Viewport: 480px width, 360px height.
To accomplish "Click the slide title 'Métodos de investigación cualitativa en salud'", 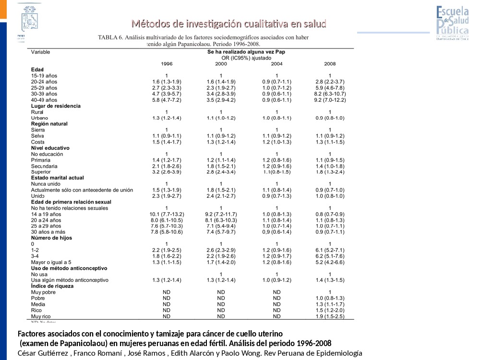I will tap(229, 24).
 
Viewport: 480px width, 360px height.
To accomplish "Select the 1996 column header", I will tap(167, 63).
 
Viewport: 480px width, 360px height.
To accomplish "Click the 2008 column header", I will tap(330, 63).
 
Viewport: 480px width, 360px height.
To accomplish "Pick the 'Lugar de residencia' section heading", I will tap(56, 106).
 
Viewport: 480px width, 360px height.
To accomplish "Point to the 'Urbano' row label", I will tap(39, 118).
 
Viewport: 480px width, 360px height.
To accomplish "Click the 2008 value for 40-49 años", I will tap(330, 100).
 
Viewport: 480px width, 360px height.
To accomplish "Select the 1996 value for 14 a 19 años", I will tap(167, 214).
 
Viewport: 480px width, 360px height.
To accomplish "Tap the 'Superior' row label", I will tap(41, 172).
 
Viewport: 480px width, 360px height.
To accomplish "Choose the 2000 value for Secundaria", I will tap(221, 166).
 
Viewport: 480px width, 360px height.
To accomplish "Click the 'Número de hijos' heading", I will tap(52, 238).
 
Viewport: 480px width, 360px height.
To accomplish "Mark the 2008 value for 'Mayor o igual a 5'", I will tap(330, 262).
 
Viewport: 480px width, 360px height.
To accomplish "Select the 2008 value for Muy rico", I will tap(330, 316).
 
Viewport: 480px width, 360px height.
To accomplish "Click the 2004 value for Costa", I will tap(276, 142).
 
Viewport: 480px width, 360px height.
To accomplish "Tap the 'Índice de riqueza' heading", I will tap(52, 286).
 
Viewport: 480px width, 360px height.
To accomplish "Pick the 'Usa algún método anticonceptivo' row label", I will tap(70, 280).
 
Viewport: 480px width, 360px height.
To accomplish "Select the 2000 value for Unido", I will tap(221, 196).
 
